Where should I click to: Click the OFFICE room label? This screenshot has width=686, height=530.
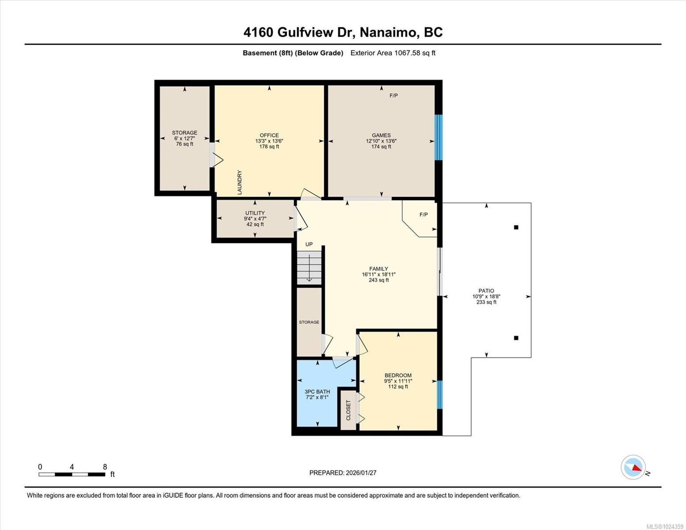[269, 136]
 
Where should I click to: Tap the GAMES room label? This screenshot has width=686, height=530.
[381, 136]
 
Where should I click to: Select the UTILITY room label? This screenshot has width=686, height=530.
[255, 213]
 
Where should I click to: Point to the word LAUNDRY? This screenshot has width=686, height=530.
[239, 182]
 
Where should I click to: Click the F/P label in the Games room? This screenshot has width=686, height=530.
[393, 96]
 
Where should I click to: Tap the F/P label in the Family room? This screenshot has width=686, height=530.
[424, 215]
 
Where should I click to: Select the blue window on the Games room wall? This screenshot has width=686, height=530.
[439, 137]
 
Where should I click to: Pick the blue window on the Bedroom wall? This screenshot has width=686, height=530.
[439, 395]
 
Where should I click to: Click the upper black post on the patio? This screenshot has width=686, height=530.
[516, 227]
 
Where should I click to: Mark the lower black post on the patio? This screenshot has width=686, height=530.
[516, 338]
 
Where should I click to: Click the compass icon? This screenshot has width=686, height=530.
[633, 467]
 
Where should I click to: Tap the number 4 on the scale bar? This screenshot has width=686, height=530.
[72, 467]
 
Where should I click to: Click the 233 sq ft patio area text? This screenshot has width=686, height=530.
[486, 302]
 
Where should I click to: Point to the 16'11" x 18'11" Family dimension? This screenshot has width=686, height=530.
[379, 275]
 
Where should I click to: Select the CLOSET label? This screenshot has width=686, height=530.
[348, 410]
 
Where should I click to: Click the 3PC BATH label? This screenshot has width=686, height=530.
[317, 392]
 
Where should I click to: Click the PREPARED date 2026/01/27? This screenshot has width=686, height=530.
[361, 473]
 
